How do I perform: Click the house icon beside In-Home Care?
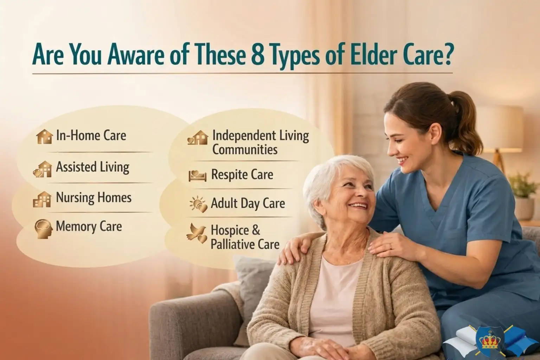(x=44, y=136)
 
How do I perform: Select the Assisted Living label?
(x=92, y=167)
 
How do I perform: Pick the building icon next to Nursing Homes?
(x=42, y=199)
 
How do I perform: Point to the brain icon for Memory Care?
(x=43, y=228)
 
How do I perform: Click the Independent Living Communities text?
(x=260, y=142)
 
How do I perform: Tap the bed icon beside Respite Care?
(x=197, y=175)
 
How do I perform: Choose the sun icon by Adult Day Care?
(x=198, y=204)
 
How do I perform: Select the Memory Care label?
(x=89, y=226)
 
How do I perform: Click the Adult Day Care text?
(x=247, y=203)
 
